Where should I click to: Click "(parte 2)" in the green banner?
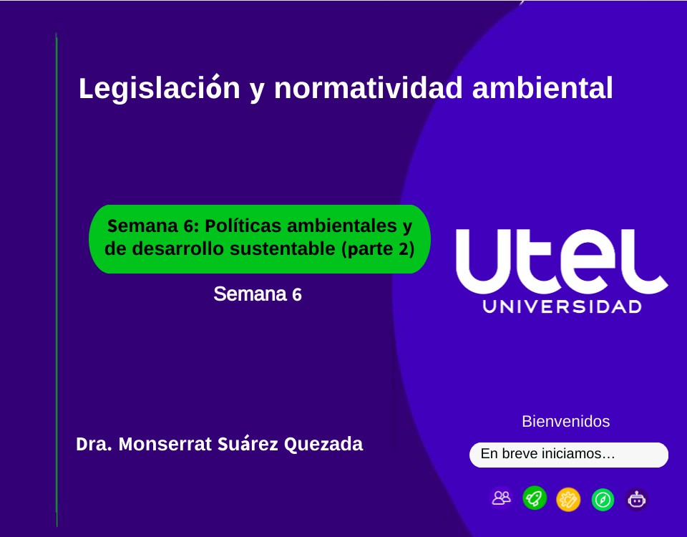(x=379, y=249)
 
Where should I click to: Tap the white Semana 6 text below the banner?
(x=258, y=294)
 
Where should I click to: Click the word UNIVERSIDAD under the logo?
(x=562, y=307)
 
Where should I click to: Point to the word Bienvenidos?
(x=566, y=421)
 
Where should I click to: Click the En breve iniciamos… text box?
(x=568, y=454)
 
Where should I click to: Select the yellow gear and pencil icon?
(x=568, y=498)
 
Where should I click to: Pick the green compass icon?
(x=603, y=499)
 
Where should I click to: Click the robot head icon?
(x=636, y=499)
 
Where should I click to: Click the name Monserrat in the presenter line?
(x=164, y=444)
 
